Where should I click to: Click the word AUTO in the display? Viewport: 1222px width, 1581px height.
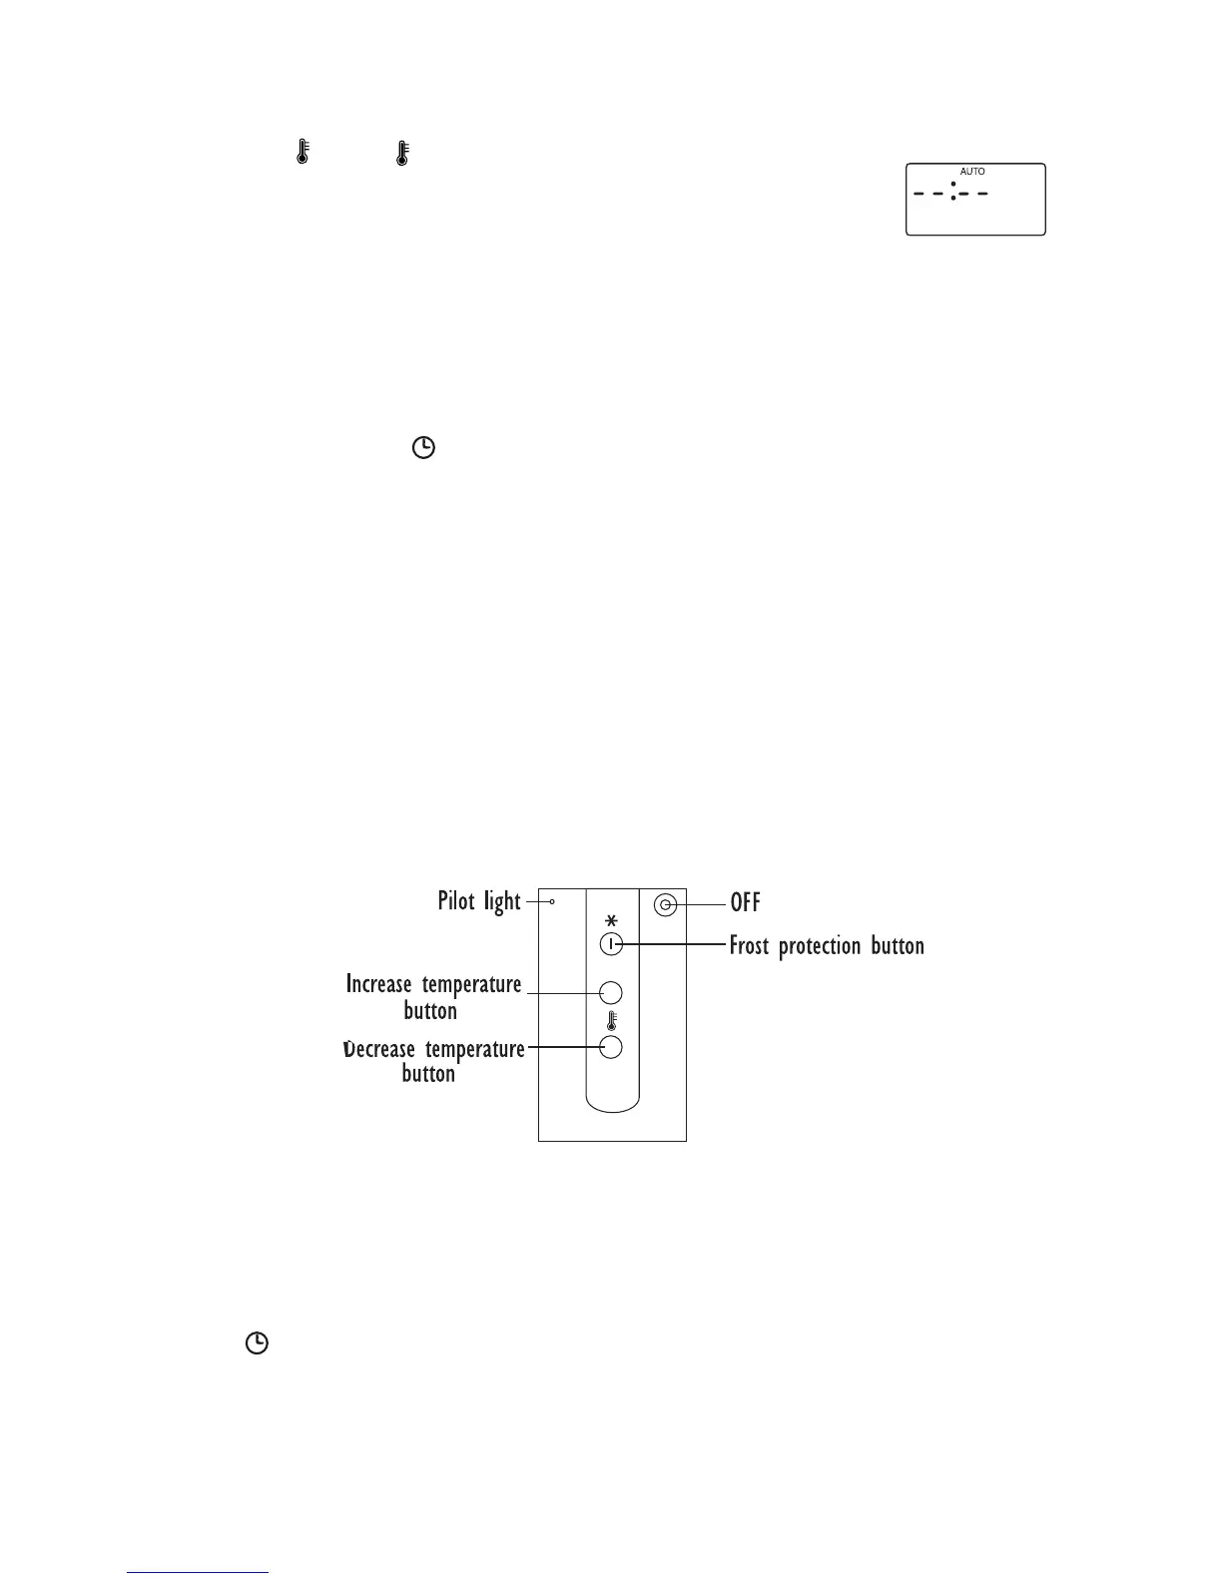972,172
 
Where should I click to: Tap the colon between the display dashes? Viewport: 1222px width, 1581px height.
953,192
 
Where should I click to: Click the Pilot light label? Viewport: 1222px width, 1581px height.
479,901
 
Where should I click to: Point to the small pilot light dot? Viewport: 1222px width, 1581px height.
552,901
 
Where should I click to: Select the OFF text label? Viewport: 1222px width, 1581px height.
746,903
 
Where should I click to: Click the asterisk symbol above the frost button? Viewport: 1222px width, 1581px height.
611,920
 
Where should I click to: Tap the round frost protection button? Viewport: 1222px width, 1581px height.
611,944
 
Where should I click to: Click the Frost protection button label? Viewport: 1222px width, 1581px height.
827,945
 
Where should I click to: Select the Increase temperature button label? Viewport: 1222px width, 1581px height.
433,997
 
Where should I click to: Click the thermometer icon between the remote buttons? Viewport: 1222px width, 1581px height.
611,1021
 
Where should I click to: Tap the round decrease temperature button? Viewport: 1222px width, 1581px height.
611,1047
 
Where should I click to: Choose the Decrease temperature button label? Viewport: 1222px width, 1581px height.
433,1061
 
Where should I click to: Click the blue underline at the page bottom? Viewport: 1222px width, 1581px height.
198,1573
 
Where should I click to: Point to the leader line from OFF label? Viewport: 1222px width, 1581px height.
704,905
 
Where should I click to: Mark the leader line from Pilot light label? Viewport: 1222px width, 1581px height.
535,901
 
